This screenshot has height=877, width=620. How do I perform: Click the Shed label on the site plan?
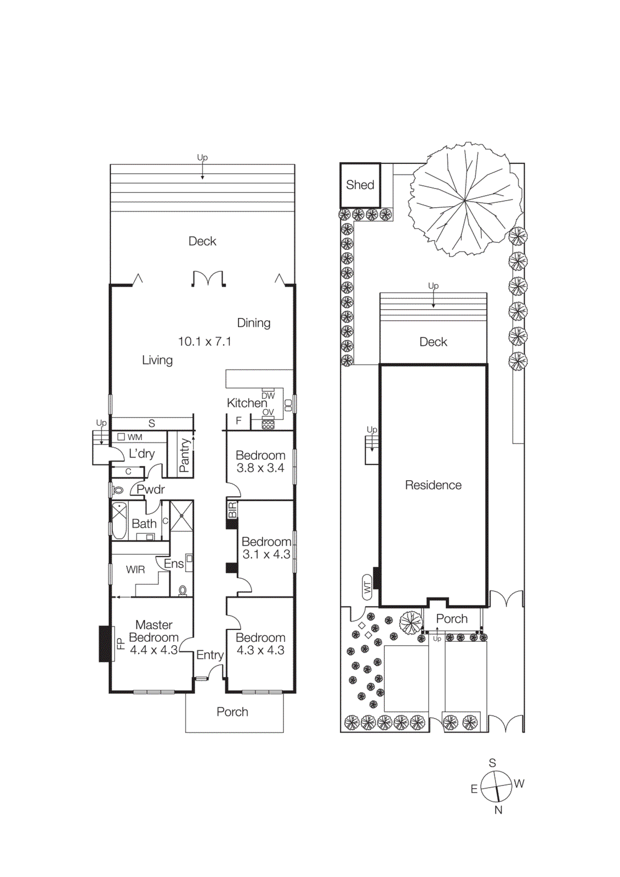(360, 185)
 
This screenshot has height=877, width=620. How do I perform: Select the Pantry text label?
(185, 455)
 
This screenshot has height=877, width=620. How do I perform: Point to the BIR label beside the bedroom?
(232, 510)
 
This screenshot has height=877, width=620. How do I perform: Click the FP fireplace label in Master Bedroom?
(121, 643)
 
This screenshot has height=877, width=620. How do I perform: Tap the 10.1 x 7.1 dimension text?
(204, 341)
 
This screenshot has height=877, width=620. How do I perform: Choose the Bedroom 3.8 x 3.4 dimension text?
(260, 468)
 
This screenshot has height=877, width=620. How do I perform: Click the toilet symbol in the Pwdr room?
(118, 489)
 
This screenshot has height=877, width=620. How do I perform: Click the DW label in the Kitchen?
(268, 396)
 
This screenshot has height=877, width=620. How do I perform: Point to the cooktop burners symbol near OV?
(268, 424)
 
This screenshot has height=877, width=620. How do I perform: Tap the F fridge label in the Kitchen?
(238, 421)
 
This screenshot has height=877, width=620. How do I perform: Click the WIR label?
(135, 570)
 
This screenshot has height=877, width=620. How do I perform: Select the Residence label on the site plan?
(433, 485)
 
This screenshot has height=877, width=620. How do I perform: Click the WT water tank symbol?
(367, 587)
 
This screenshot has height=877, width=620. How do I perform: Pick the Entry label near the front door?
(209, 655)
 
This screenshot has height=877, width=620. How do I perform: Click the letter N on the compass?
(498, 810)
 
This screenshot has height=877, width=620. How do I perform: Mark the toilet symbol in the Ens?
(183, 590)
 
